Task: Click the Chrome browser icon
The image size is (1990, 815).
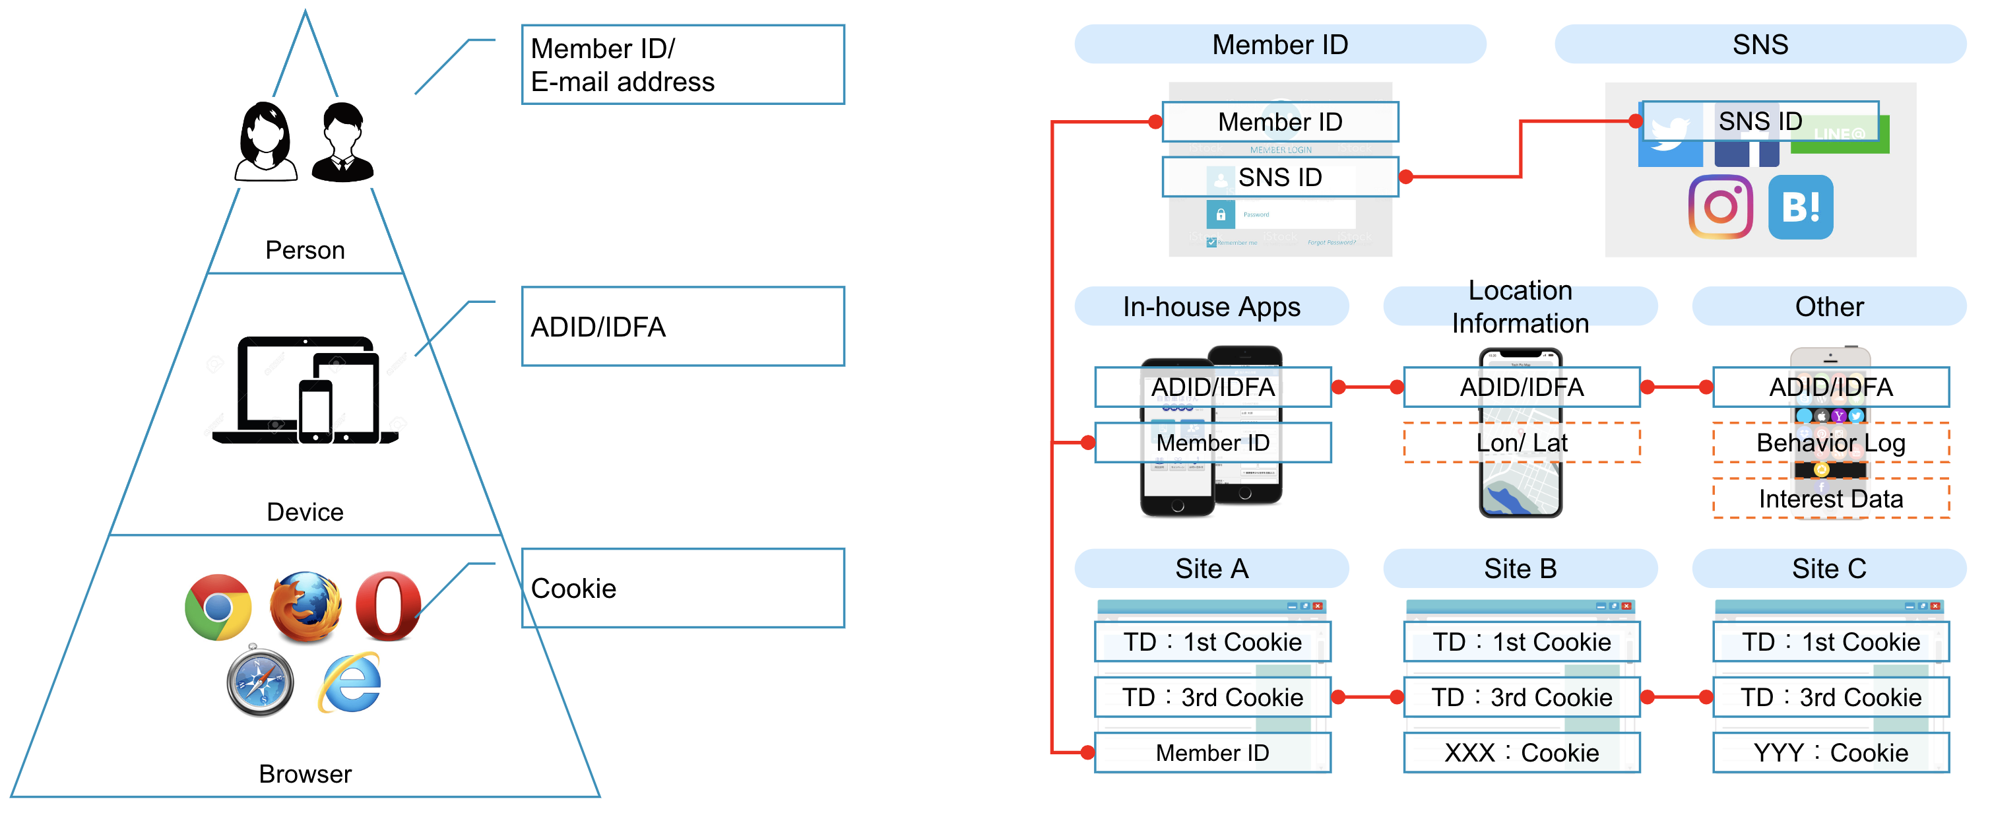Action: pyautogui.click(x=218, y=607)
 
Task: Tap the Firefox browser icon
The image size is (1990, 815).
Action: pyautogui.click(x=306, y=607)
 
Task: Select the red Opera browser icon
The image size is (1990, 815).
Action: pyautogui.click(x=389, y=607)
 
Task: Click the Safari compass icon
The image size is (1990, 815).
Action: pyautogui.click(x=261, y=681)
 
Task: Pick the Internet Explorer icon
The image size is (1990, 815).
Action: pyautogui.click(x=350, y=683)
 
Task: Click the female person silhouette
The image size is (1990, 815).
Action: pyautogui.click(x=266, y=142)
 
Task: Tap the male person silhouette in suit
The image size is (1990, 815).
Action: pyautogui.click(x=343, y=142)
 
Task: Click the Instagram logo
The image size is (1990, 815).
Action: pyautogui.click(x=1720, y=207)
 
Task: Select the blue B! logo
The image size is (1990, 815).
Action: pyautogui.click(x=1800, y=207)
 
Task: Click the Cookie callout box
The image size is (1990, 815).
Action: pyautogui.click(x=683, y=588)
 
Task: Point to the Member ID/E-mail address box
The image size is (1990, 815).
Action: pyautogui.click(x=683, y=65)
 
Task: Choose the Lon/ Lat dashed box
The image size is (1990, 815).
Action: pyautogui.click(x=1521, y=443)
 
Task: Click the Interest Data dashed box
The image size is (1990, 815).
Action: pyautogui.click(x=1830, y=498)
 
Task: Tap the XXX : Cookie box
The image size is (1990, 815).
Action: pyautogui.click(x=1521, y=752)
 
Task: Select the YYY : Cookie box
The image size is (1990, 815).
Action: pyautogui.click(x=1830, y=752)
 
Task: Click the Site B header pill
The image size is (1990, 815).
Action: pyautogui.click(x=1520, y=569)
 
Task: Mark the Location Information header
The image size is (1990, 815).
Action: pyautogui.click(x=1520, y=307)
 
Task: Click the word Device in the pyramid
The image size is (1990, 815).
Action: pyautogui.click(x=305, y=511)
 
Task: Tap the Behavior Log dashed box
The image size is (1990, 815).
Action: pyautogui.click(x=1830, y=443)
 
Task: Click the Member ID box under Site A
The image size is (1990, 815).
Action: pyautogui.click(x=1212, y=752)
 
